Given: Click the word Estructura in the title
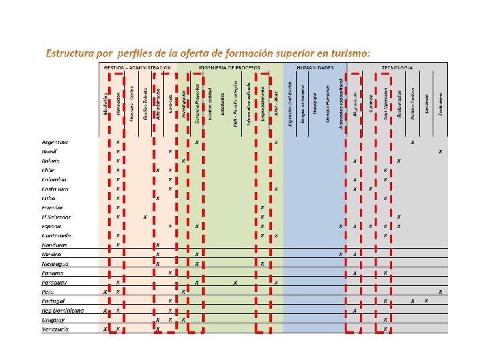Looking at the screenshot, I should click(67, 52).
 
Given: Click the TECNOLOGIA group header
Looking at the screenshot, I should click(397, 67).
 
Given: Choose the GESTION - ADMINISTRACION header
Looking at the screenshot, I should click(137, 67).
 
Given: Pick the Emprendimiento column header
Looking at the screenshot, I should click(263, 103).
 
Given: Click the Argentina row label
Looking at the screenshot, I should click(55, 143).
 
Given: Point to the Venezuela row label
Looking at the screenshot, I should click(55, 329).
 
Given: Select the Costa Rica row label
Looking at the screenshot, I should click(55, 189).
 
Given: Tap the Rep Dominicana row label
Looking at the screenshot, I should click(63, 311).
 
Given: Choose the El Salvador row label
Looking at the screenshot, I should click(56, 217).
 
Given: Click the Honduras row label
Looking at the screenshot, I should click(54, 245).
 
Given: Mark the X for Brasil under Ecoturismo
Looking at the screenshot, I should click(440, 152).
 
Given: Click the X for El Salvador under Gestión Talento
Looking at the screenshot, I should click(145, 217).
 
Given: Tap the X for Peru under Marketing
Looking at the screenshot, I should click(105, 292).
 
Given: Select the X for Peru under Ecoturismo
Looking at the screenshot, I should click(440, 292).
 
